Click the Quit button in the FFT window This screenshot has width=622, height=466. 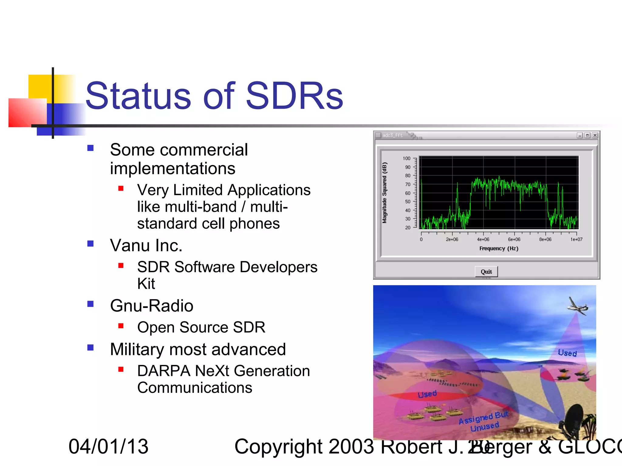pyautogui.click(x=486, y=272)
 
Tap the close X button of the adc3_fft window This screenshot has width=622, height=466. pyautogui.click(x=595, y=135)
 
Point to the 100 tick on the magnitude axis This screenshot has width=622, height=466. pyautogui.click(x=406, y=158)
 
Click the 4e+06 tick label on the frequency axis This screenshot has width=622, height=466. pyautogui.click(x=483, y=239)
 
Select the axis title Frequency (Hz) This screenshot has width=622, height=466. pyautogui.click(x=499, y=248)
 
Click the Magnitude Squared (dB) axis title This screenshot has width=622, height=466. pyautogui.click(x=384, y=193)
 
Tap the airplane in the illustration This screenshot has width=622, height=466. pyautogui.click(x=577, y=306)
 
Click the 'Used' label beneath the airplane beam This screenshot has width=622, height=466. pyautogui.click(x=567, y=353)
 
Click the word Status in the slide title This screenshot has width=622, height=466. pyautogui.click(x=138, y=96)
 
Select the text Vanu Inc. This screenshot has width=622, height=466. pyautogui.click(x=146, y=245)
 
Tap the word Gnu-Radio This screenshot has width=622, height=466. pyautogui.click(x=152, y=306)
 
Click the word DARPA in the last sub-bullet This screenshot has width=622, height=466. pyautogui.click(x=164, y=371)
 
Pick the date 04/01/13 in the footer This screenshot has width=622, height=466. pyautogui.click(x=108, y=447)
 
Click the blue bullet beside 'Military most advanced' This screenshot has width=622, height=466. pyautogui.click(x=91, y=347)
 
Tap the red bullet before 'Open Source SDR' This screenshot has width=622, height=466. pyautogui.click(x=121, y=326)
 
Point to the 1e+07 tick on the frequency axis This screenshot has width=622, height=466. pyautogui.click(x=576, y=239)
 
